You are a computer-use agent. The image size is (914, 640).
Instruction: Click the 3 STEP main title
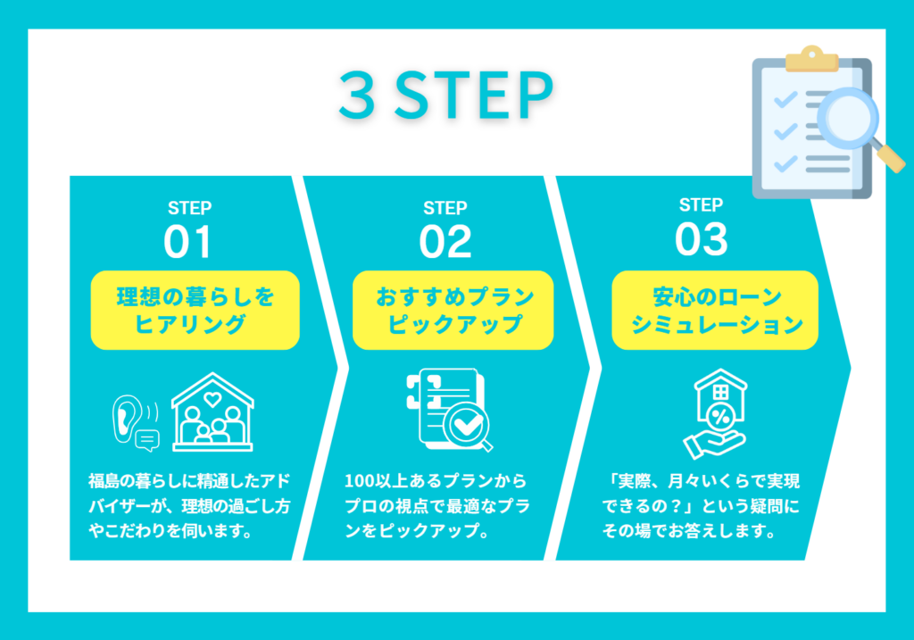coord(446,95)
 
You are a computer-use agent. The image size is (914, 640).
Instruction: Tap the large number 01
coord(187,241)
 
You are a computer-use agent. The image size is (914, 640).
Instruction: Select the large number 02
coord(445,241)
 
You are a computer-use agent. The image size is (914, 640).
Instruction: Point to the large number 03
coord(702,239)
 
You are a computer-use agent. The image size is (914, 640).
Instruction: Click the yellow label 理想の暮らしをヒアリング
coord(195,310)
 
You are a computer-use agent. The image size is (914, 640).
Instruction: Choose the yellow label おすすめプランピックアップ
coord(453,310)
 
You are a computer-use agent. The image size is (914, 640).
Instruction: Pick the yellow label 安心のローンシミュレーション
coord(715,310)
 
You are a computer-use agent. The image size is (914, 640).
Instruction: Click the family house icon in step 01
coord(212,412)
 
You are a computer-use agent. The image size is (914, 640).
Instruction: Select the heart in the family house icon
coord(212,399)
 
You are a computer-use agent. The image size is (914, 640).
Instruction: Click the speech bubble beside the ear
coord(147,440)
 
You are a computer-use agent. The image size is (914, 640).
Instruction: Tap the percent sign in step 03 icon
coord(721,417)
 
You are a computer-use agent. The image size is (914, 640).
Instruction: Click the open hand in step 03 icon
coord(714,445)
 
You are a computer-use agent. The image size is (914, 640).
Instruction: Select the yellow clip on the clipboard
coord(811,58)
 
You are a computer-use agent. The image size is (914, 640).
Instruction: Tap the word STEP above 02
coord(445,208)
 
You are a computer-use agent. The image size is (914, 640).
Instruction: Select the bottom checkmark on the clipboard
coord(785,163)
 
